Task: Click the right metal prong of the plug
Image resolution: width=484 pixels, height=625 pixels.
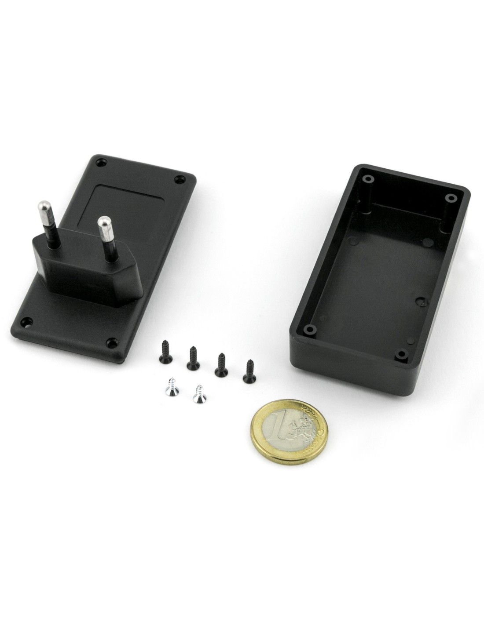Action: pyautogui.click(x=108, y=239)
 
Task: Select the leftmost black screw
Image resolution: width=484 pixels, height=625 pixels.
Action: pyautogui.click(x=165, y=351)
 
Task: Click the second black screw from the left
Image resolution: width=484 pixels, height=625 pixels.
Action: pyautogui.click(x=193, y=358)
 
